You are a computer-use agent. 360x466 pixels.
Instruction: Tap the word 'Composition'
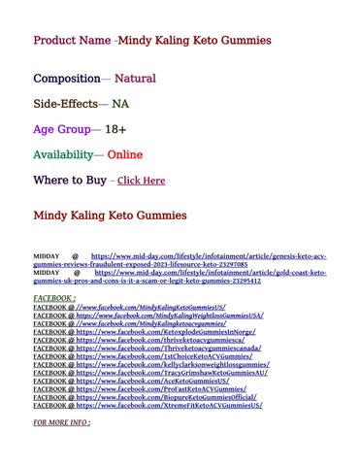pos(66,78)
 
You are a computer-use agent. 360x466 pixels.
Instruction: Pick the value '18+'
pos(115,129)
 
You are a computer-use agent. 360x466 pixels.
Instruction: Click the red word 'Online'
pos(125,154)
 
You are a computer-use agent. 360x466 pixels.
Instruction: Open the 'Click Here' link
pos(141,181)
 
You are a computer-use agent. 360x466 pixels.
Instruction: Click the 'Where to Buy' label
pos(70,180)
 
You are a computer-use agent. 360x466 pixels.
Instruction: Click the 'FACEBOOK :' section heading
pos(54,299)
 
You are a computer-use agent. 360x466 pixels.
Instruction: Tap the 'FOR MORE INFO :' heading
pos(62,423)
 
